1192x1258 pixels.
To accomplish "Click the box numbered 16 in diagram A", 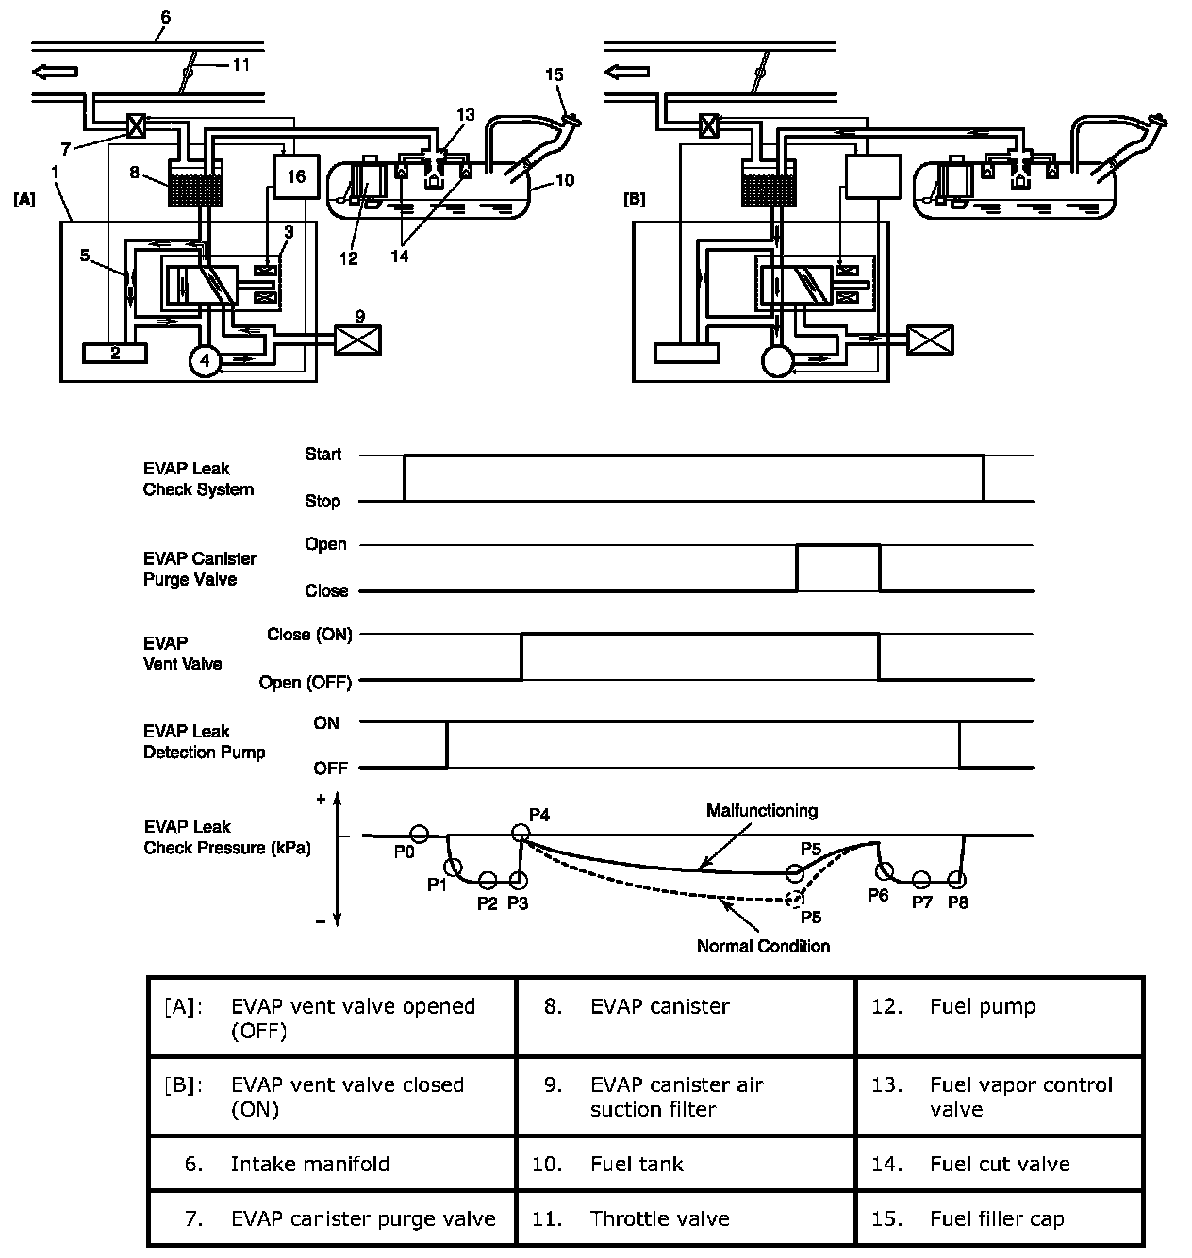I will tap(297, 176).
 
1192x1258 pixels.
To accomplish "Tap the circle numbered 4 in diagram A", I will tap(204, 360).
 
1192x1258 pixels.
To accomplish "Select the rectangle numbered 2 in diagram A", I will tap(115, 353).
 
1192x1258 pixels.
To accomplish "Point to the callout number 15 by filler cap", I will tap(555, 74).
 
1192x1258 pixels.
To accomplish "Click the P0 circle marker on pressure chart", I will tap(420, 834).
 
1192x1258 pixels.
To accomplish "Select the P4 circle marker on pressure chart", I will tap(520, 833).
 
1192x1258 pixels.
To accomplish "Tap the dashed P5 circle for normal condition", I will tap(795, 898).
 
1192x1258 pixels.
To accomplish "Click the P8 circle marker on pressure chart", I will tap(957, 880).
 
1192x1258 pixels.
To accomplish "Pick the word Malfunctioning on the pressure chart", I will tap(762, 810).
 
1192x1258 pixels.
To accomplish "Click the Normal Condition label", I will tap(763, 946).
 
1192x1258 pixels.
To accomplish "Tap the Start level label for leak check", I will tap(323, 455).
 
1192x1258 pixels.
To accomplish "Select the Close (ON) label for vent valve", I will tap(309, 635).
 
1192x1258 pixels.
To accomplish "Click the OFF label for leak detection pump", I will tap(330, 768).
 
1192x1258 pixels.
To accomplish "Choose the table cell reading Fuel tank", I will tap(637, 1164).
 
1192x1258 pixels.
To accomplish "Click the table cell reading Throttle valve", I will tap(659, 1218).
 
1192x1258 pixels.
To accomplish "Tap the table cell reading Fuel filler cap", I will tap(997, 1218).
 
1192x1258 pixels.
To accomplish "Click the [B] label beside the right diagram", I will tap(635, 200).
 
